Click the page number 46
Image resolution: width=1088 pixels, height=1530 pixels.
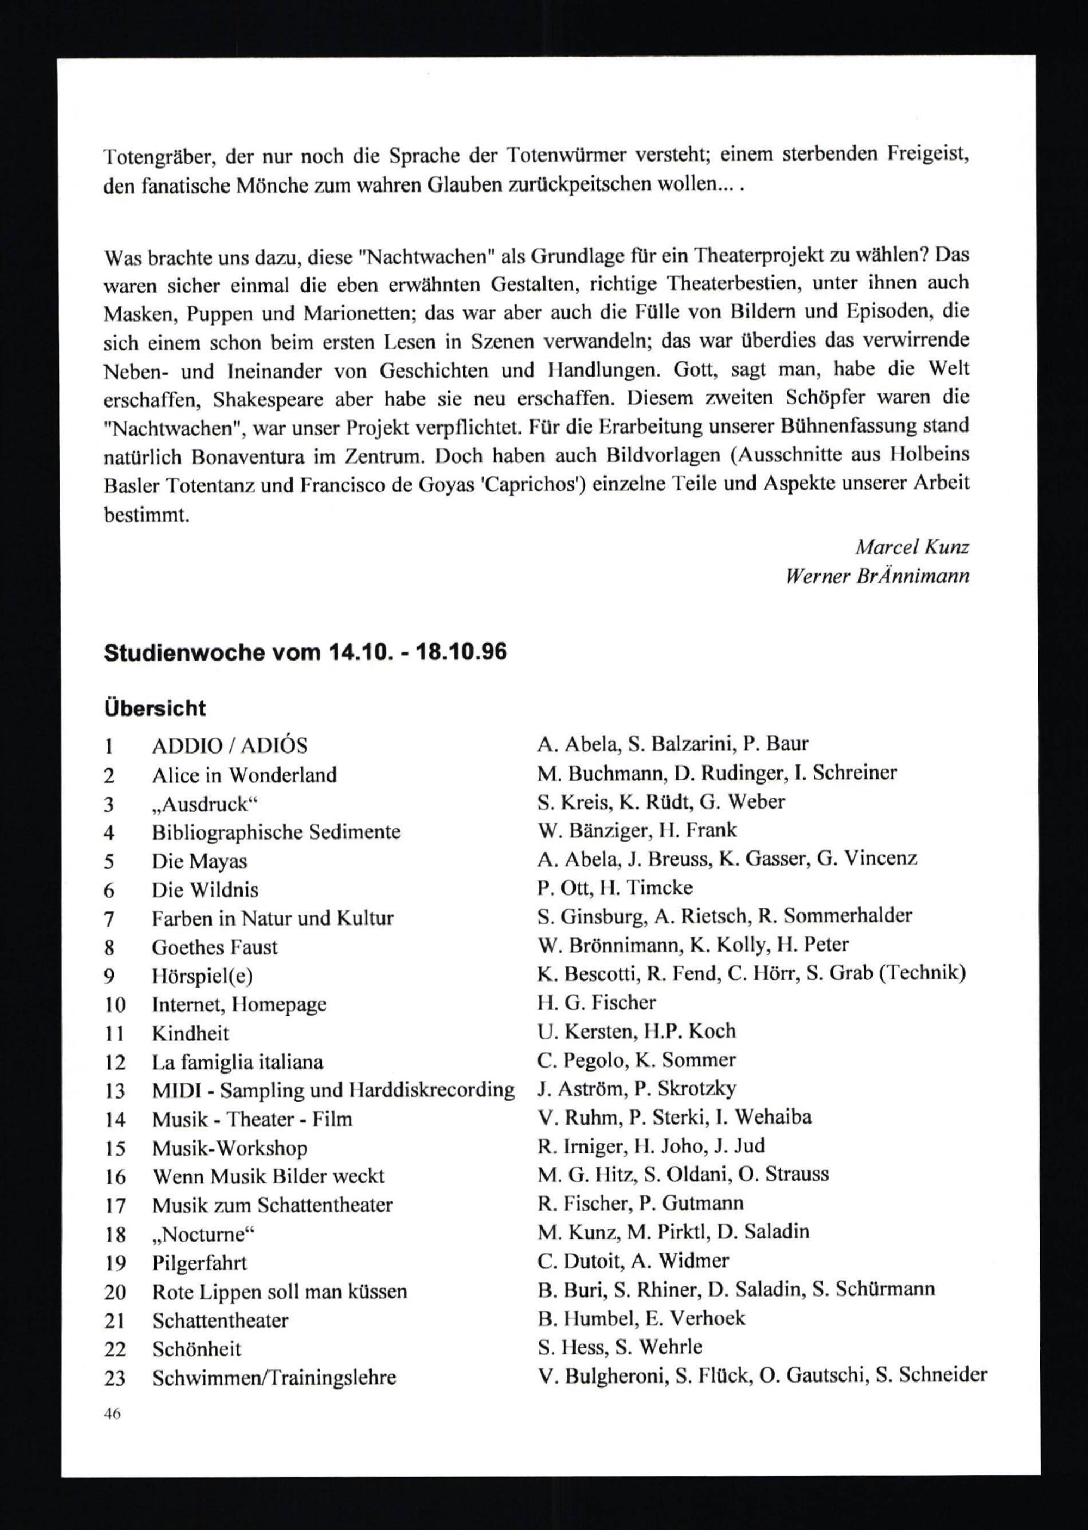click(x=112, y=1414)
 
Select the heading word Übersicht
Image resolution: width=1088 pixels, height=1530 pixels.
click(x=154, y=708)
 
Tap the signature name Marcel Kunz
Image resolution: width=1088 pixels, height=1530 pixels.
click(x=912, y=547)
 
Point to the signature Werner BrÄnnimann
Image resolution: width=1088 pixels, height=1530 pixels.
click(x=877, y=576)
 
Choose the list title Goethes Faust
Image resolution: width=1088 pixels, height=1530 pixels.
click(x=214, y=947)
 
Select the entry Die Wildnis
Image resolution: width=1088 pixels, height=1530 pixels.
click(x=205, y=890)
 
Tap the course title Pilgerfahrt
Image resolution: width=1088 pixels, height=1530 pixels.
click(x=200, y=1263)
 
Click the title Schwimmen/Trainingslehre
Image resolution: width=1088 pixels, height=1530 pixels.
click(x=275, y=1378)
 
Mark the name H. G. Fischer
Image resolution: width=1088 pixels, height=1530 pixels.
click(x=596, y=1003)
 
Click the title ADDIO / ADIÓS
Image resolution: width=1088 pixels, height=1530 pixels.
click(x=230, y=745)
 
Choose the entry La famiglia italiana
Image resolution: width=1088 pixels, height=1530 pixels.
click(x=237, y=1063)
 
